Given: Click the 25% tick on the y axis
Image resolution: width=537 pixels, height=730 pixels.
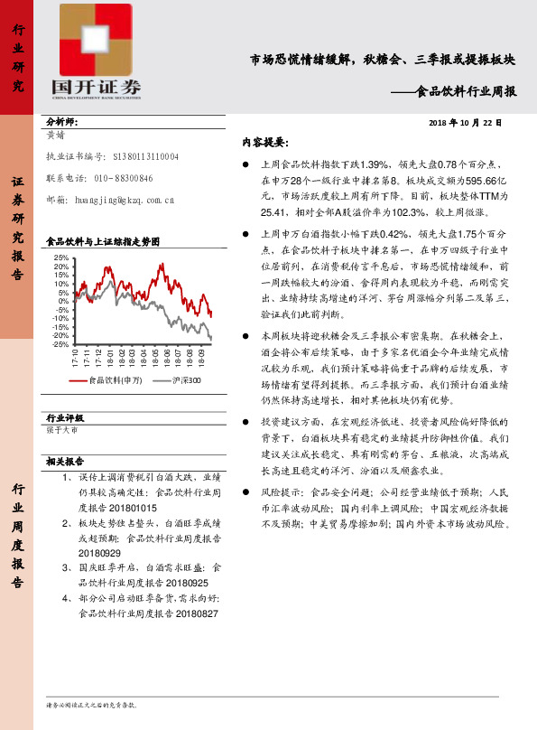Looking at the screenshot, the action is [61, 258].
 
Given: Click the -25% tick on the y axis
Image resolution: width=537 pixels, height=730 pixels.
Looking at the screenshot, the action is [60, 343].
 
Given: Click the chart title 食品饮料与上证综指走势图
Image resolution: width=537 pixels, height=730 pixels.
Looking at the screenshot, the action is [103, 242].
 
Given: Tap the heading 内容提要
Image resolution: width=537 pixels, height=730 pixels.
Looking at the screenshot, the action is [264, 142].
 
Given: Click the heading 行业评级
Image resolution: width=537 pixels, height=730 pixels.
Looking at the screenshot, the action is [64, 418].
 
